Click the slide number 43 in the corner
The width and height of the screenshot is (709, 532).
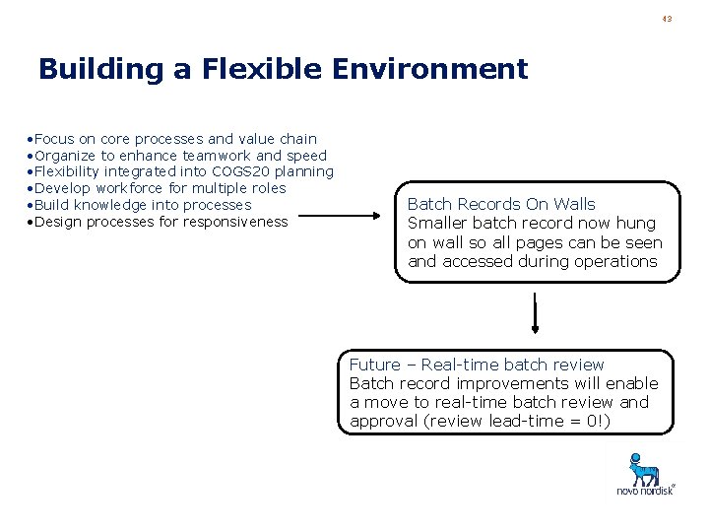click(x=667, y=18)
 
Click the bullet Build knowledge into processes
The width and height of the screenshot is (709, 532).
click(x=139, y=205)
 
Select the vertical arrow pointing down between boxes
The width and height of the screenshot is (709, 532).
click(x=535, y=314)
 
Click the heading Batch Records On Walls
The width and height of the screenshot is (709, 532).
click(x=501, y=204)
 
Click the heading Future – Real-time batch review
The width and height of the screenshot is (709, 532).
click(x=477, y=365)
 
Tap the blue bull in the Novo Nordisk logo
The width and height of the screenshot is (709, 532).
click(x=644, y=469)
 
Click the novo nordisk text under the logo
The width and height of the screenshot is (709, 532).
click(x=645, y=491)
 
